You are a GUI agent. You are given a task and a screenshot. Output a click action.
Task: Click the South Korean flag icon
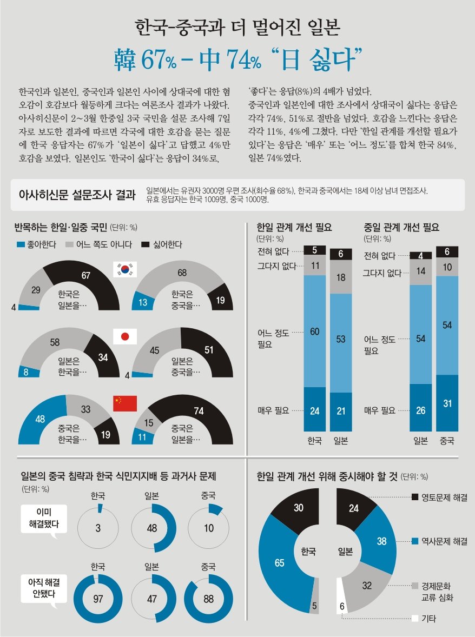(x=124, y=269)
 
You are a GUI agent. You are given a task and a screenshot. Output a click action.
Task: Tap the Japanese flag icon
(x=124, y=336)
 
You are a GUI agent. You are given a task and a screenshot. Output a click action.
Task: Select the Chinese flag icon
(x=124, y=403)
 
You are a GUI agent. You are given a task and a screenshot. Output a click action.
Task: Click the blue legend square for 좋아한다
(x=21, y=244)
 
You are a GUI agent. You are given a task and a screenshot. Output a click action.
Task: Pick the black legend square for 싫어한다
(x=145, y=244)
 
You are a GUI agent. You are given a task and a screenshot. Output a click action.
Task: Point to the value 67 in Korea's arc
(x=85, y=276)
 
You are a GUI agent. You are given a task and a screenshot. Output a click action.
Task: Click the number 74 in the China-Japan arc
(x=199, y=411)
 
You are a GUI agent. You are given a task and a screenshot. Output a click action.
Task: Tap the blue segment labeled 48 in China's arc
(x=40, y=419)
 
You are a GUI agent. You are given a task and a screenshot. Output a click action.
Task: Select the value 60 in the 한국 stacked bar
(x=315, y=331)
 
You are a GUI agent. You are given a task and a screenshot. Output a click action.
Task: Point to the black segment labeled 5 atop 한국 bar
(x=315, y=250)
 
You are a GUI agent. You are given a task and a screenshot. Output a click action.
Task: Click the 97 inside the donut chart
(x=98, y=599)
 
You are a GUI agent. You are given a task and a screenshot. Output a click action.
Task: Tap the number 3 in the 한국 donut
(x=98, y=529)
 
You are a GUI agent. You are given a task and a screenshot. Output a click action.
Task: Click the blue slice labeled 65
(x=279, y=563)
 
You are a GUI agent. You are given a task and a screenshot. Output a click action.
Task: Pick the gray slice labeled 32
(x=367, y=585)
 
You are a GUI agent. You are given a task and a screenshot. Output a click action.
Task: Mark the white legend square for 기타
(x=415, y=619)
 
